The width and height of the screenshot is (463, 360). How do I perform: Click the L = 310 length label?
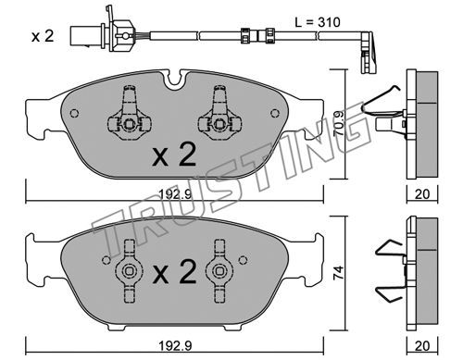[318, 22]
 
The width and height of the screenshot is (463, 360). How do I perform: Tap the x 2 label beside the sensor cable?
[43, 36]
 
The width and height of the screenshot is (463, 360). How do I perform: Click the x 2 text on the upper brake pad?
[174, 155]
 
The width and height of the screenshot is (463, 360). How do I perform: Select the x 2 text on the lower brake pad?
[174, 272]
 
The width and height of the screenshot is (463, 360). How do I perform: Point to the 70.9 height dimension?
[340, 124]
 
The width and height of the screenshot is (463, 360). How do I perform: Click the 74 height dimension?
[339, 273]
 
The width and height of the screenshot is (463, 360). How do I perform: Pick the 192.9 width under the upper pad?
[175, 194]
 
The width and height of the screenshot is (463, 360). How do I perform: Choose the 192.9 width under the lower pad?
[175, 346]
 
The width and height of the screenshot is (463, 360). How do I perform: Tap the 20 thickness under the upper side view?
[422, 194]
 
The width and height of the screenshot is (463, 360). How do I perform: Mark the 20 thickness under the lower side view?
[422, 346]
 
